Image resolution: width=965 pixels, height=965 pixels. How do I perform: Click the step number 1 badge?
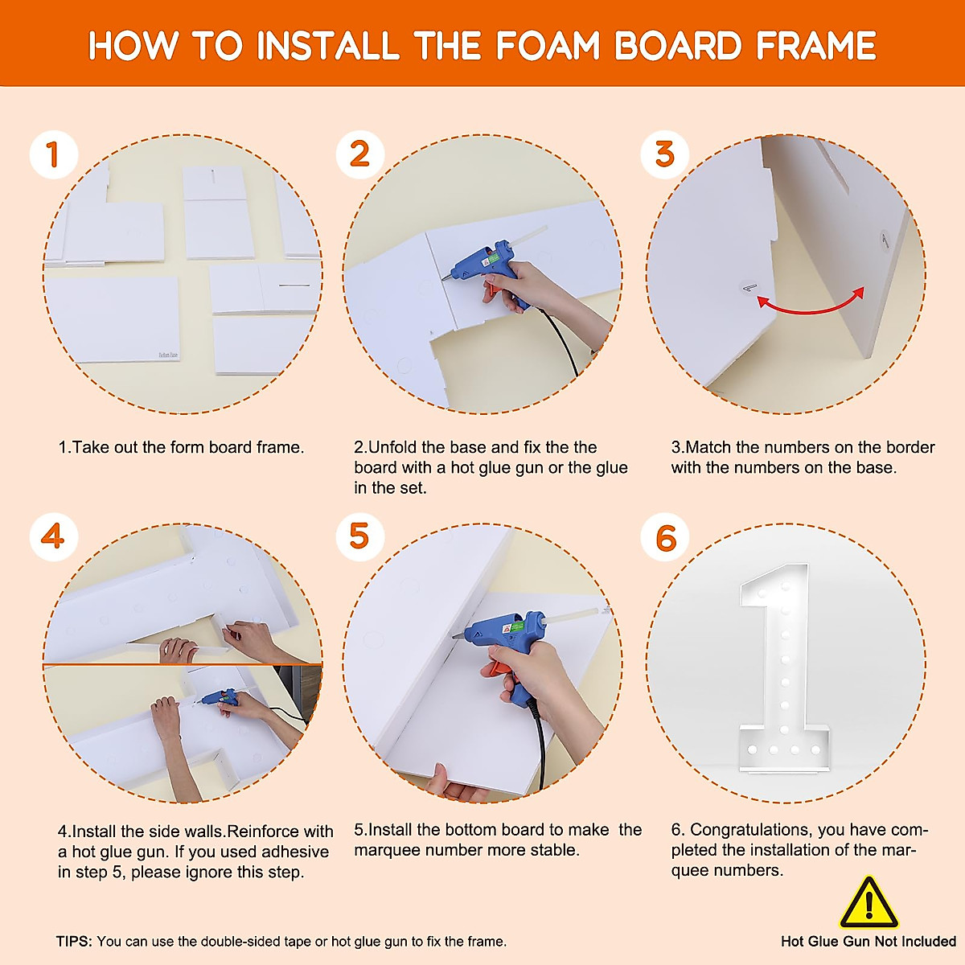[x=54, y=154]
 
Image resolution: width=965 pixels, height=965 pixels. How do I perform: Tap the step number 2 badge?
[x=360, y=154]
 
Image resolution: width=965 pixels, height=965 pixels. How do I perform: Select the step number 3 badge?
[x=664, y=154]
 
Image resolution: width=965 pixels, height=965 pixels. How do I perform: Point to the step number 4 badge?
[x=54, y=537]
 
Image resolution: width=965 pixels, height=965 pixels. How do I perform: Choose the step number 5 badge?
[x=360, y=537]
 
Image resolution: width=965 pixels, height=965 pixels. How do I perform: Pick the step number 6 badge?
[x=664, y=537]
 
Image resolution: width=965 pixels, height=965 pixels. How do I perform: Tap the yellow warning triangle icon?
[x=868, y=902]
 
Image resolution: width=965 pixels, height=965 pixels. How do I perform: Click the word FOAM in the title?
[x=548, y=46]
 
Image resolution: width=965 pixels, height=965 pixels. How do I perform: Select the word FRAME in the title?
[x=816, y=46]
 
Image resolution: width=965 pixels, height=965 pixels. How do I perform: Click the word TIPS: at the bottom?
[x=74, y=942]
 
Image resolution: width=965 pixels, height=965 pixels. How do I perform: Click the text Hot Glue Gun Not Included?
[x=868, y=942]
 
